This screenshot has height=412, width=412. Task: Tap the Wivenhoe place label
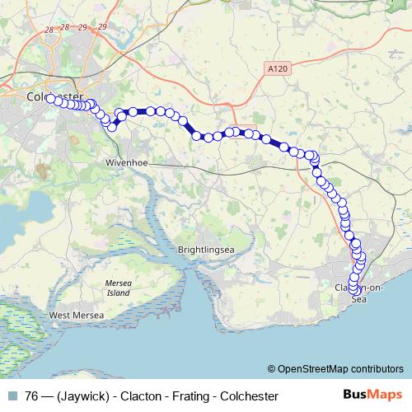(126, 163)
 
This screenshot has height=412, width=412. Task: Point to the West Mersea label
(76, 315)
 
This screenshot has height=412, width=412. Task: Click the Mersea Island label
(118, 288)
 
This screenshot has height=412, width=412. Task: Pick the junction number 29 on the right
(102, 27)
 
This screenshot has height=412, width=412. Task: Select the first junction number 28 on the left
(51, 30)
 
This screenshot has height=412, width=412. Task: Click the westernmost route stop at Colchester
(51, 98)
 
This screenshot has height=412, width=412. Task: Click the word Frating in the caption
(188, 396)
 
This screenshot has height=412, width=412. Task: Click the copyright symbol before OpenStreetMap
(271, 369)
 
